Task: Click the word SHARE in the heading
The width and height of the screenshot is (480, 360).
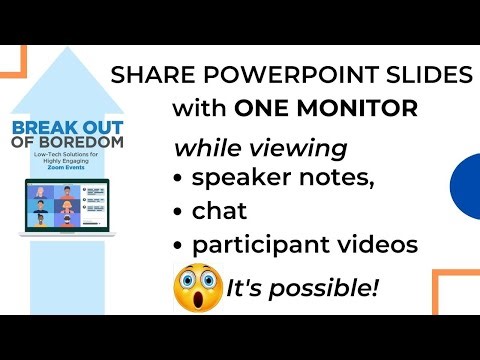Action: click(x=145, y=75)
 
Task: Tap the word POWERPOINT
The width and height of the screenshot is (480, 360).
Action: click(x=259, y=75)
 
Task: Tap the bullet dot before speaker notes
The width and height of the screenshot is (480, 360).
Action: click(x=181, y=181)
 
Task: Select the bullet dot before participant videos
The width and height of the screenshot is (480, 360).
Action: click(x=181, y=244)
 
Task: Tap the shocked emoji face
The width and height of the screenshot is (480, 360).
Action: click(x=198, y=288)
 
